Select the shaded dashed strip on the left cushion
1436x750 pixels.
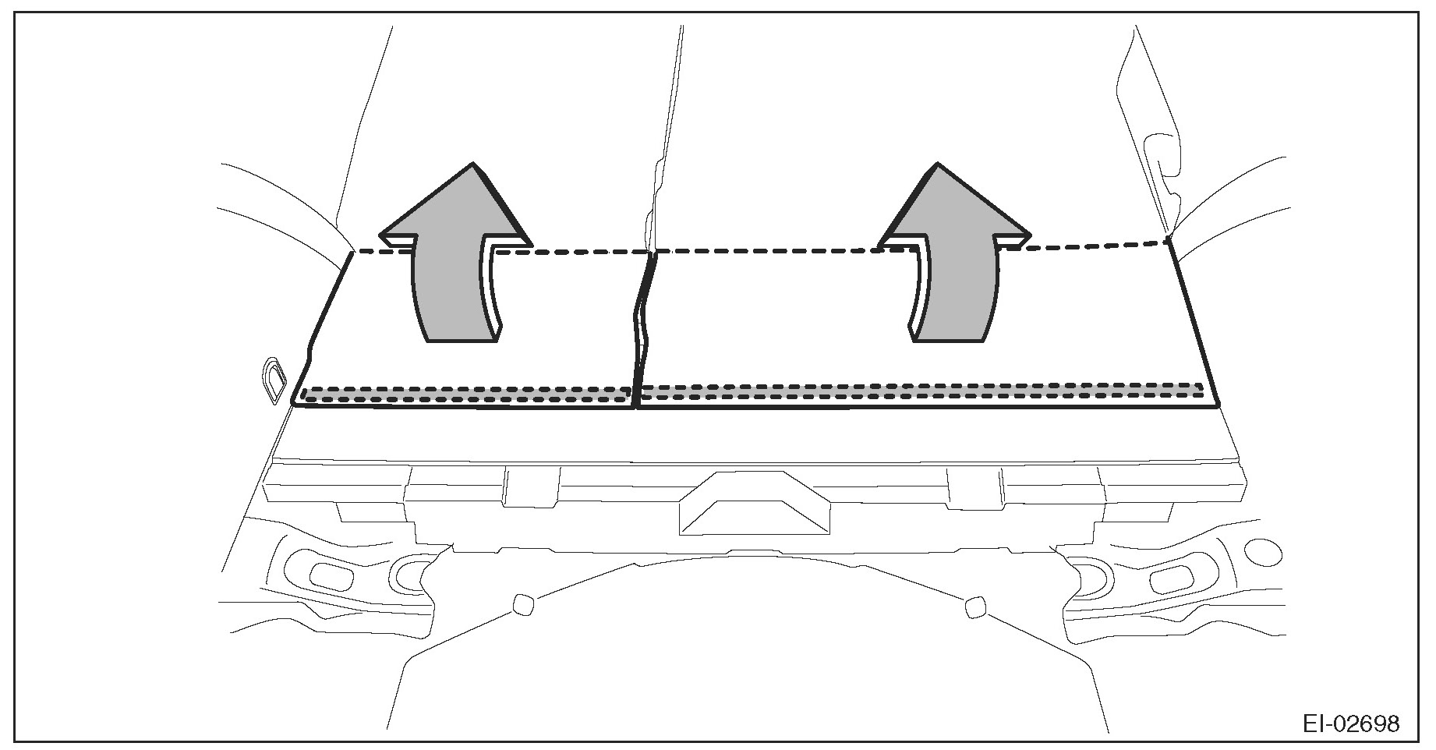pos(466,394)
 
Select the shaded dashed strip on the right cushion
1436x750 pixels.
pos(920,391)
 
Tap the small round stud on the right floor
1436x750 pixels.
pos(974,607)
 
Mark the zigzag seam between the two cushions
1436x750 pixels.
pos(643,327)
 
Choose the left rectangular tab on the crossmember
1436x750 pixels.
pos(530,486)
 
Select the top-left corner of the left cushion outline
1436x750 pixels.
pos(352,252)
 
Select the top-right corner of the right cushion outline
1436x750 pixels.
pos(1169,240)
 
